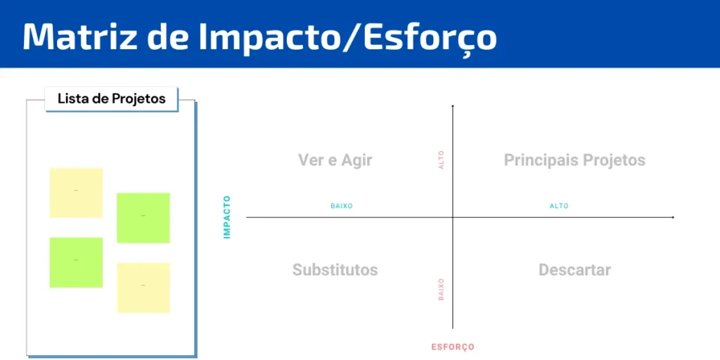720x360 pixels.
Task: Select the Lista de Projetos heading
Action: [112, 98]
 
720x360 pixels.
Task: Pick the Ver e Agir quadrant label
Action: [335, 160]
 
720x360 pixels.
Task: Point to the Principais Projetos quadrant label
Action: [574, 160]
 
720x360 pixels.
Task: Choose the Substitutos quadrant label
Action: [335, 269]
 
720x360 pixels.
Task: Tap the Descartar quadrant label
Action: [574, 269]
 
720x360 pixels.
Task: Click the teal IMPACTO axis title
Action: [227, 217]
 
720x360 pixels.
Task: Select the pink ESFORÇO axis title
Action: [453, 347]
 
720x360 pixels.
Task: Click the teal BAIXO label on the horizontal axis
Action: [342, 206]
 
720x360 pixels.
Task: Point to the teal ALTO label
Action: [559, 206]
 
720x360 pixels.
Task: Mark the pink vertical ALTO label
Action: [442, 160]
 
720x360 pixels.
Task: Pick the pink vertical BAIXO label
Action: [442, 289]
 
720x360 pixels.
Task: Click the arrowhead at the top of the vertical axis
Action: [453, 106]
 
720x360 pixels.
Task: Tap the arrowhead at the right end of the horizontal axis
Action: [673, 217]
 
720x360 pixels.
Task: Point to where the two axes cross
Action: [453, 217]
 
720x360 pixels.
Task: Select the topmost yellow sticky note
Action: [76, 193]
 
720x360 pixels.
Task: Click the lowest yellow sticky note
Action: [143, 288]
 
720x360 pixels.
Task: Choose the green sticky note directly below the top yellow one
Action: [76, 262]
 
